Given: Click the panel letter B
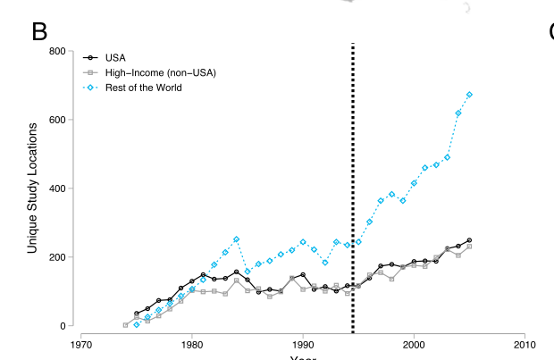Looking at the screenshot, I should point(39,31).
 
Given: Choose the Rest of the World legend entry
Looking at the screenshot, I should point(144,88).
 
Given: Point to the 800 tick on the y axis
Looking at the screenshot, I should point(55,51).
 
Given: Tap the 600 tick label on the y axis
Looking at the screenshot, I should point(55,120).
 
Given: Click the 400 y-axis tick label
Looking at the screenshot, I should point(55,188).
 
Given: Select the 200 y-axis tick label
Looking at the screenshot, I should point(55,257).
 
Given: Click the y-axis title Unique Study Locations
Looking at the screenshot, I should point(32,188).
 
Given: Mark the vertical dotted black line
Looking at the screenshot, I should point(353,179).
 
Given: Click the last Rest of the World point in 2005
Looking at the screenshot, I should point(469,95).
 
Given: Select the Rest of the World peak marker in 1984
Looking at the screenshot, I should point(236,239).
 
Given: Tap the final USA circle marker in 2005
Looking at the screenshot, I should point(469,240).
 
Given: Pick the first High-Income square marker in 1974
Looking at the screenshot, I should point(125,325).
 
